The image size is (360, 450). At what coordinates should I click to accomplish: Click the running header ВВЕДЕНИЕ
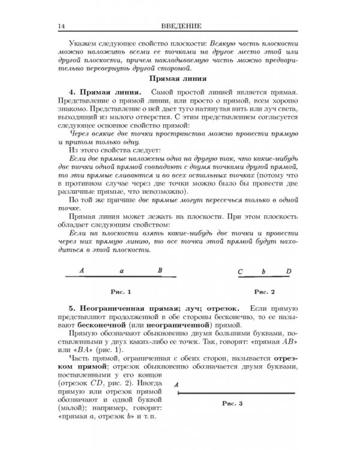pos(180,26)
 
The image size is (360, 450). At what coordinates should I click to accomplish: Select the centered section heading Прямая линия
pos(180,78)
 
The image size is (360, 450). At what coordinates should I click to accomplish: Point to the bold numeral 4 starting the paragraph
pos(71,94)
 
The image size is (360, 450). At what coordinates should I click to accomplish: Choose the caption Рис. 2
pos(265,292)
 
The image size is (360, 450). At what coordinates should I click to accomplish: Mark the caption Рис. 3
pos(231,404)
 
